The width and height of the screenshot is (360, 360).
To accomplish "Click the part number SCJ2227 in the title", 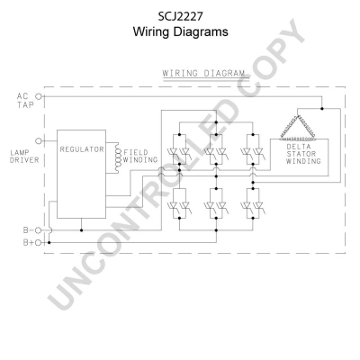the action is [180, 17].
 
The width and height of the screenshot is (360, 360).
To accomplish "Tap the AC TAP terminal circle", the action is [39, 96].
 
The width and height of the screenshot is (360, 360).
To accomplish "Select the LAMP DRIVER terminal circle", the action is [39, 140].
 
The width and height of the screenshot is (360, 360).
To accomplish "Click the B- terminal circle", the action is [38, 230].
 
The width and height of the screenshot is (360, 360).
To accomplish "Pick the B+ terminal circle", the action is [38, 243].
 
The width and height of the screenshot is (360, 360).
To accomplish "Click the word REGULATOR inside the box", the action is [82, 149].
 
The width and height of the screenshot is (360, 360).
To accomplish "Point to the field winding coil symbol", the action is [116, 157].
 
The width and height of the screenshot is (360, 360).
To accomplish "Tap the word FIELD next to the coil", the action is [136, 152].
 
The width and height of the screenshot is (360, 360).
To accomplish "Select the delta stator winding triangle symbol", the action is [297, 128].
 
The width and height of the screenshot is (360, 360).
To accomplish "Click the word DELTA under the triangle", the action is [299, 147].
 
